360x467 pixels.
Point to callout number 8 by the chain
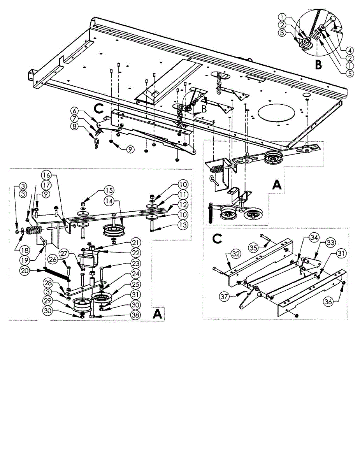85,126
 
